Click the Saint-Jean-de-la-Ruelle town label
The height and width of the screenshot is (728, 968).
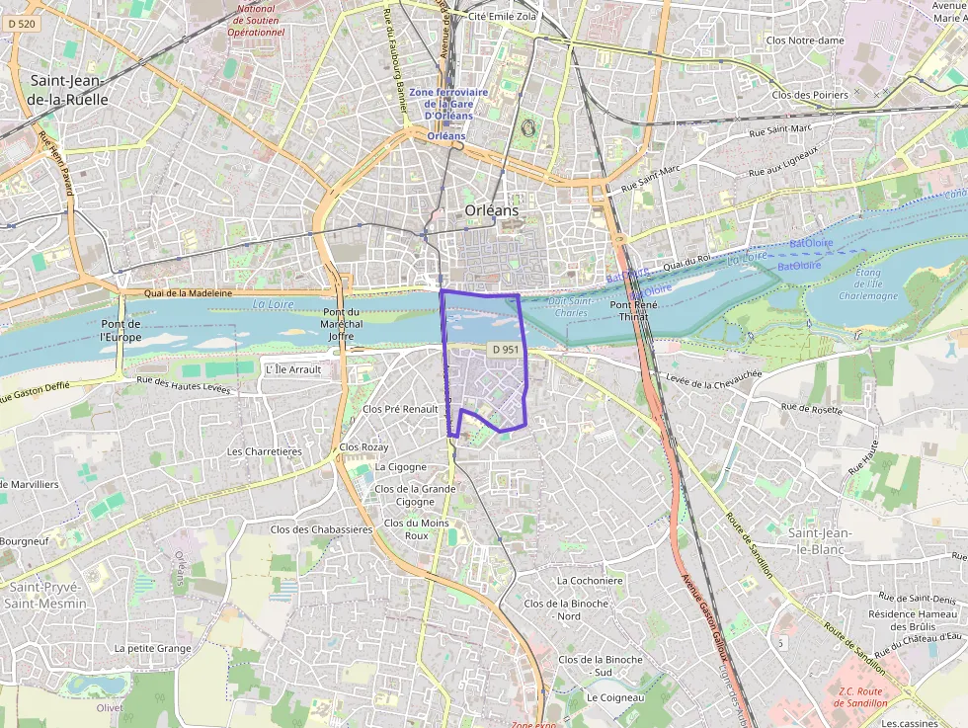click(x=69, y=90)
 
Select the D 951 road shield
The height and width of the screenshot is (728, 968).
click(x=505, y=350)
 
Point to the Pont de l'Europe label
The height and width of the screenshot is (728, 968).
click(x=121, y=330)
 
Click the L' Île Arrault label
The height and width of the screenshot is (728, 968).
click(x=294, y=369)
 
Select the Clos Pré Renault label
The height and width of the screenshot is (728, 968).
click(x=400, y=408)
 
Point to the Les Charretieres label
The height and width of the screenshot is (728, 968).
click(x=264, y=451)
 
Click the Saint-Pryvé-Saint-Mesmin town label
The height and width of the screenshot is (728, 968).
click(x=44, y=594)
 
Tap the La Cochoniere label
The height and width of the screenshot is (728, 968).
click(x=590, y=581)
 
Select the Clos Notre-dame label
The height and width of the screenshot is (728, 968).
click(x=805, y=40)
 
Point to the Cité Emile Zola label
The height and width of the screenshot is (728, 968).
click(x=504, y=17)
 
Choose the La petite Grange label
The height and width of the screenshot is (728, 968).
click(x=152, y=648)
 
